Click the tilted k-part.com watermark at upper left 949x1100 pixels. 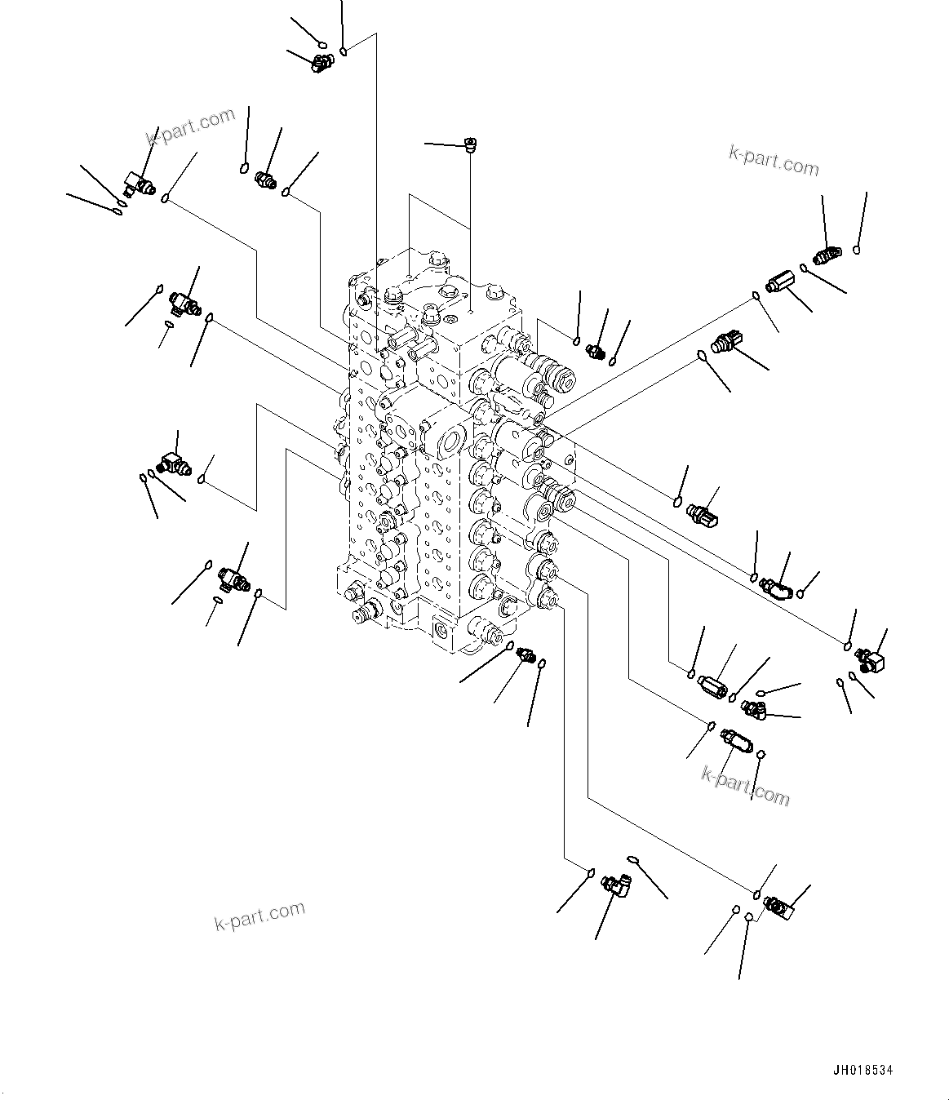click(x=190, y=128)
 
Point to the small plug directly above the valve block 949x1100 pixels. click(x=470, y=144)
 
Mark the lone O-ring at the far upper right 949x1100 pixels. click(x=857, y=250)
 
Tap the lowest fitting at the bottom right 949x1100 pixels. click(x=778, y=906)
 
